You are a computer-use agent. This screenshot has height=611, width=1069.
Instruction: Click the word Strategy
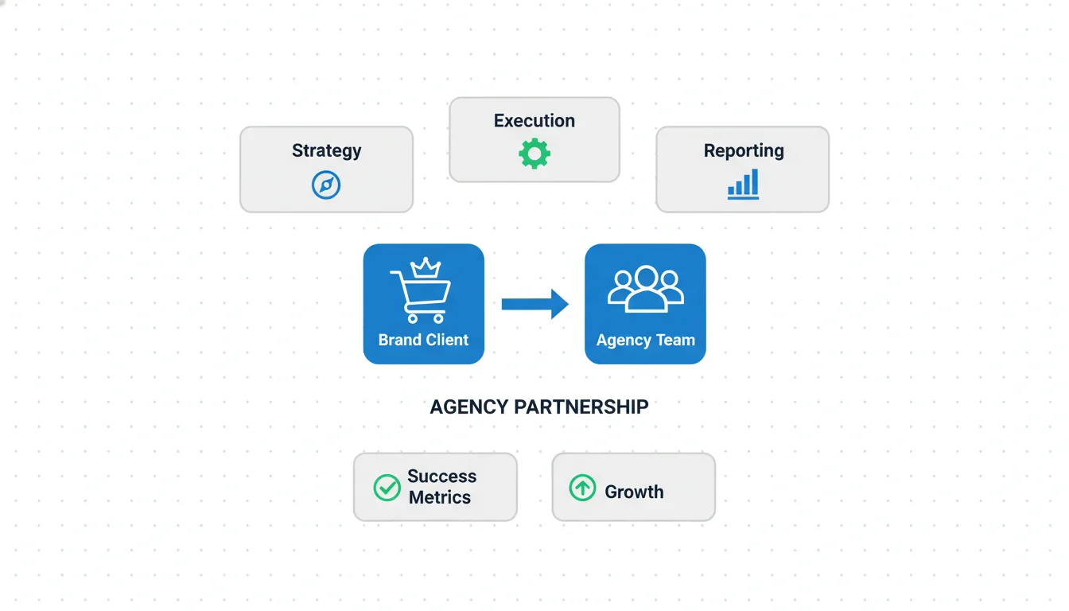pyautogui.click(x=326, y=150)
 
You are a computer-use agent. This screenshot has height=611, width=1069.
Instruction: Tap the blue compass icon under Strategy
pyautogui.click(x=326, y=185)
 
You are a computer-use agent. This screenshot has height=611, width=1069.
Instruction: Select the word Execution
pyautogui.click(x=534, y=121)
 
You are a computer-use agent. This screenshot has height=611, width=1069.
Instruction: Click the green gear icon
pyautogui.click(x=534, y=154)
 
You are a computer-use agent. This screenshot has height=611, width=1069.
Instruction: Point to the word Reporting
pyautogui.click(x=744, y=150)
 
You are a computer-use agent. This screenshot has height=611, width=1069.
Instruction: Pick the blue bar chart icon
pyautogui.click(x=743, y=184)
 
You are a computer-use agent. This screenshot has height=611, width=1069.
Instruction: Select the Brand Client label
pyautogui.click(x=423, y=340)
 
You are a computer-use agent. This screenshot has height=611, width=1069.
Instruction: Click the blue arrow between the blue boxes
pyautogui.click(x=534, y=304)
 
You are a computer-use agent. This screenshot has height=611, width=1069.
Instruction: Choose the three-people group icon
pyautogui.click(x=645, y=287)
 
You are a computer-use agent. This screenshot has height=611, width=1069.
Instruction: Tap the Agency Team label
pyautogui.click(x=645, y=340)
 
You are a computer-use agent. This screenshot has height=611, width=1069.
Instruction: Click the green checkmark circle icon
pyautogui.click(x=387, y=488)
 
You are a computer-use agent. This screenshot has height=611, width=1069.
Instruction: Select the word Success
pyautogui.click(x=441, y=476)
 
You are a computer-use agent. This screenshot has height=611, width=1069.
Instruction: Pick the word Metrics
pyautogui.click(x=440, y=497)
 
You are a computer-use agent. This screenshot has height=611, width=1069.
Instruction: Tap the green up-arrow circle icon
pyautogui.click(x=582, y=488)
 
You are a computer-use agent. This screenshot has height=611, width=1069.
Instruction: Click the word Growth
pyautogui.click(x=634, y=492)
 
